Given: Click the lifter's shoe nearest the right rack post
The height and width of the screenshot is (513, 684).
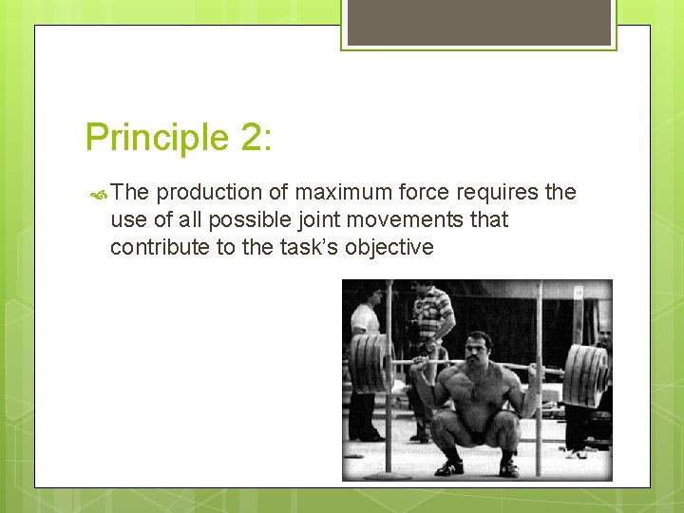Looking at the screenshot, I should click(509, 467).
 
